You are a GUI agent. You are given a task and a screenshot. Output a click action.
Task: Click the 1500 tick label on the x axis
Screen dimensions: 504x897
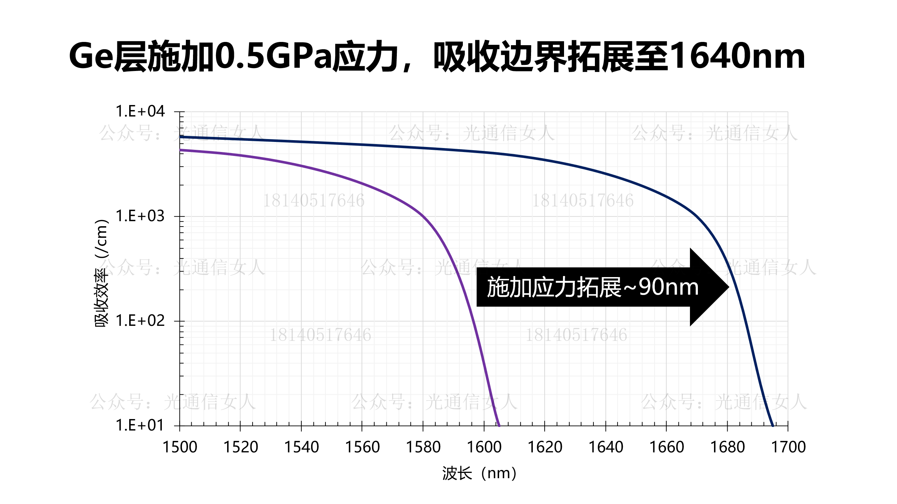point(180,447)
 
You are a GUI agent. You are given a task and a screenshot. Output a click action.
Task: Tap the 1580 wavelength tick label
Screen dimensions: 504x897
point(423,447)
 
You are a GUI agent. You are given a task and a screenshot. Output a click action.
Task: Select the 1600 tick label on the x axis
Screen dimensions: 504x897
point(484,447)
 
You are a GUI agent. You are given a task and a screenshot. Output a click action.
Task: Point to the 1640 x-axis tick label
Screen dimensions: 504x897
point(606,447)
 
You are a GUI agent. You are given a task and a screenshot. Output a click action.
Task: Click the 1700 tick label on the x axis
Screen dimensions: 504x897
point(788,447)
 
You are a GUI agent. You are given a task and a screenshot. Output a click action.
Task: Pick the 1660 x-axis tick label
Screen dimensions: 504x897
point(667,447)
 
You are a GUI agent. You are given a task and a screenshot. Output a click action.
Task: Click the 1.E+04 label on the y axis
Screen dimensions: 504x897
point(140,111)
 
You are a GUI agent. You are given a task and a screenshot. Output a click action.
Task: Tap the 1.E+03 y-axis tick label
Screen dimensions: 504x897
point(140,216)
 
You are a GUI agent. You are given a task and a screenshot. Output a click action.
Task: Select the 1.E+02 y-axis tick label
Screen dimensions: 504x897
point(140,321)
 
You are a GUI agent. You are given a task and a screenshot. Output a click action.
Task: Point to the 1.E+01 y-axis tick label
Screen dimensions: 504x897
point(140,425)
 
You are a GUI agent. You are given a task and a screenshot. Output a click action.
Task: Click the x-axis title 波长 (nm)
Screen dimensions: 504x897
point(479,474)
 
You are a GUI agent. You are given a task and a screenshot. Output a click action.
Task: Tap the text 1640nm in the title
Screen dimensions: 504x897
point(737,57)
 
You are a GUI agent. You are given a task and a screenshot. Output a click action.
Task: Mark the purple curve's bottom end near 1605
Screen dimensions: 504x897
point(499,425)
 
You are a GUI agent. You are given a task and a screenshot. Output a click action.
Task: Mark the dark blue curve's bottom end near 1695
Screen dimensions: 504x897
point(773,425)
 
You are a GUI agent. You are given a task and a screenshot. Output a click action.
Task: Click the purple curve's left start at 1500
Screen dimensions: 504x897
point(180,150)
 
